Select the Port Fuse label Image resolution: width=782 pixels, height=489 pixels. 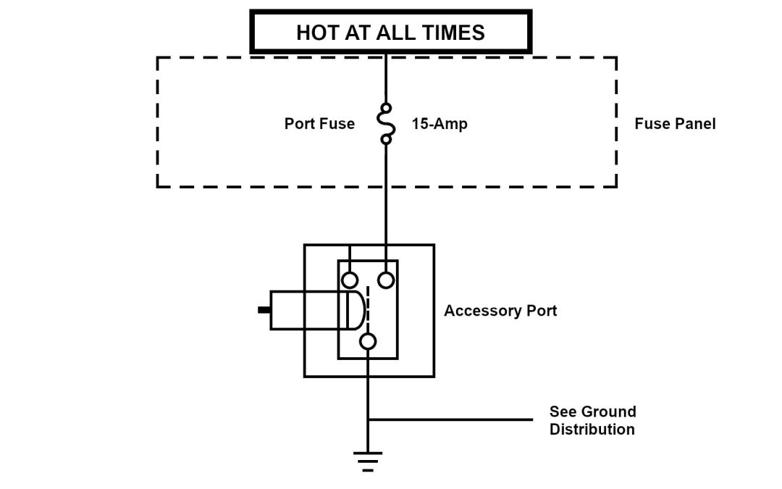pyautogui.click(x=319, y=124)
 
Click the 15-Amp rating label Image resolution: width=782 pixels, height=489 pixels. pyautogui.click(x=440, y=124)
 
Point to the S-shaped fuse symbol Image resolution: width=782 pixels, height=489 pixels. pyautogui.click(x=387, y=123)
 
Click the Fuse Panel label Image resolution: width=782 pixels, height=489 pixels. pyautogui.click(x=675, y=124)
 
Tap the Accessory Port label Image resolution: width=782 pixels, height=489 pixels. pyautogui.click(x=500, y=311)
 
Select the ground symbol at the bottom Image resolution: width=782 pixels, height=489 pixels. pyautogui.click(x=368, y=461)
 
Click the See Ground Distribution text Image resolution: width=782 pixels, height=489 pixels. pyautogui.click(x=592, y=420)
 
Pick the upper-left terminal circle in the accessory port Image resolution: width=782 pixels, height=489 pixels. pyautogui.click(x=350, y=280)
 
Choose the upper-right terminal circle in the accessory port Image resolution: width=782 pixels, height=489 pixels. pyautogui.click(x=387, y=280)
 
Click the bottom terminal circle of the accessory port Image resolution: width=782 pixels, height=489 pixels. pyautogui.click(x=368, y=342)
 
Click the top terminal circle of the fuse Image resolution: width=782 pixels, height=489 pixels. pyautogui.click(x=387, y=107)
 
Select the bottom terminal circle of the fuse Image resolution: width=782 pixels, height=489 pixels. pyautogui.click(x=387, y=139)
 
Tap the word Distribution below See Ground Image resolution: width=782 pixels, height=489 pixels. pyautogui.click(x=592, y=429)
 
